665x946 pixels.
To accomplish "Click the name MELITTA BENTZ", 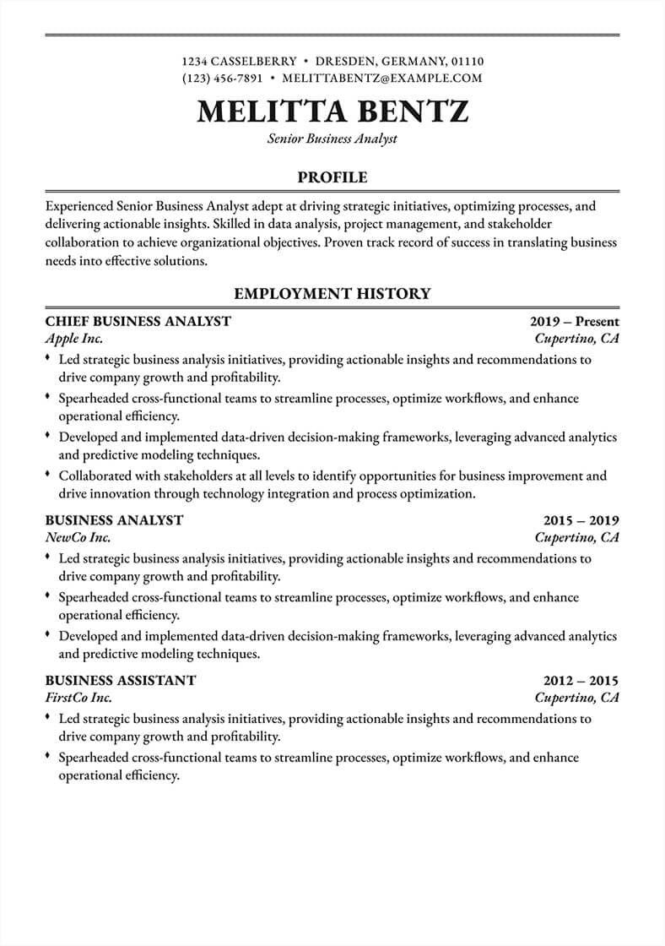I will coord(332,111).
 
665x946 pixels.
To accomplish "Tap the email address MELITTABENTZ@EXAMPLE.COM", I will coord(382,78).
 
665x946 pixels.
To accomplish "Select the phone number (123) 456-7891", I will coord(223,78).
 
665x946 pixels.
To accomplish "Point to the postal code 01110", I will coord(468,61).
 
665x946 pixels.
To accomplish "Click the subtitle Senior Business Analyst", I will coord(332,139).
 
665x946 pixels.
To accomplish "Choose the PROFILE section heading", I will coord(332,177).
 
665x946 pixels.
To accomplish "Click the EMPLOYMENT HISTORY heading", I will coord(332,294).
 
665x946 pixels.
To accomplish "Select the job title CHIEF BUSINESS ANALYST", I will coord(138,321).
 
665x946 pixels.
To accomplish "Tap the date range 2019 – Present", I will coord(575,321).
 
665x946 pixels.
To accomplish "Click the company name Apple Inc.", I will coord(74,339).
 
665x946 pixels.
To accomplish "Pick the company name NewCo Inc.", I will coord(78,537).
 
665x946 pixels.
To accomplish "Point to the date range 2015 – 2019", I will coord(581,519).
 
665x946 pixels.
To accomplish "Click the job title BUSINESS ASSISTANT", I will coord(121,680).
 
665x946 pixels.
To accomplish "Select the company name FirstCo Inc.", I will coord(78,698).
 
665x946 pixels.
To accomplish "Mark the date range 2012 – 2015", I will coord(581,680).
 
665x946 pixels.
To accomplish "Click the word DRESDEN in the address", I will coord(345,61).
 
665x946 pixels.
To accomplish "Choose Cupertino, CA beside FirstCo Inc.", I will coord(577,698).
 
